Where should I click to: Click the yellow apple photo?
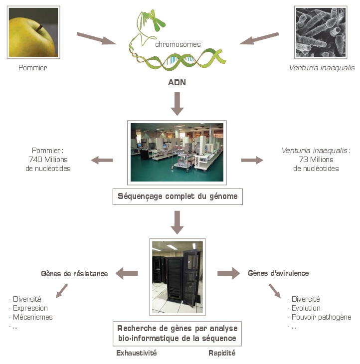(x=33, y=32)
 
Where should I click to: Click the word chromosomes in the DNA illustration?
(x=178, y=44)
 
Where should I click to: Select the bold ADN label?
(x=177, y=83)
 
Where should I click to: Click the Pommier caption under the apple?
(x=32, y=68)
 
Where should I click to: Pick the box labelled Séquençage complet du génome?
(x=177, y=196)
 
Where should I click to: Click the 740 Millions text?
(x=48, y=160)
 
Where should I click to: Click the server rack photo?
(x=177, y=277)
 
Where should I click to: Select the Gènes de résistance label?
(x=74, y=273)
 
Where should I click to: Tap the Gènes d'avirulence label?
(x=278, y=273)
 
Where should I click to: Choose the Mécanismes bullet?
(x=31, y=317)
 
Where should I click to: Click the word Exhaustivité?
(x=137, y=353)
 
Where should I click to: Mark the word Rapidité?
(x=222, y=353)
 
